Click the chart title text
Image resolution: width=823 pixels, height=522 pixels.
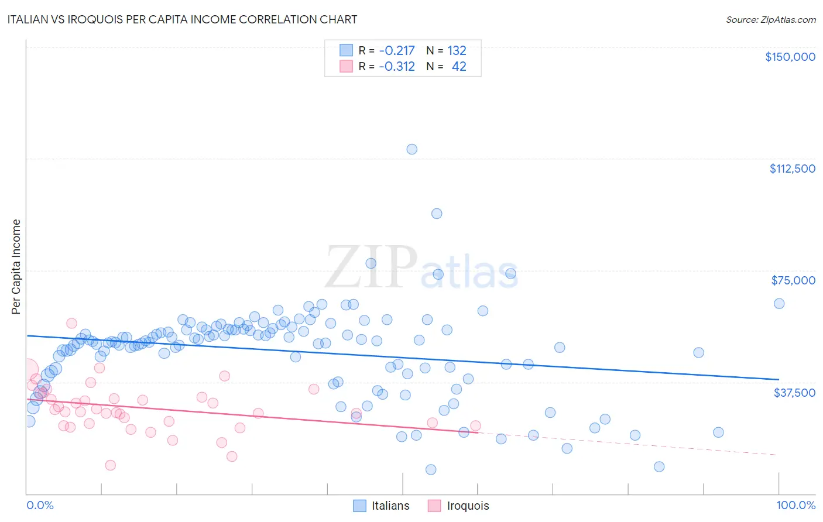pos(182,19)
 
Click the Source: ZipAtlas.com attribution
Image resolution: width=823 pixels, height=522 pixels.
pos(770,19)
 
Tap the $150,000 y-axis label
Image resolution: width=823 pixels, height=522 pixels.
pos(790,57)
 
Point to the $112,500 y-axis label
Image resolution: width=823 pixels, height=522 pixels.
pos(792,169)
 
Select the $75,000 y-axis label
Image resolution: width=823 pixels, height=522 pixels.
pos(793,280)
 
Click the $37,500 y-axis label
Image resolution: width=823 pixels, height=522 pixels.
pos(794,393)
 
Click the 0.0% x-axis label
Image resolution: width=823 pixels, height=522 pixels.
pos(40,505)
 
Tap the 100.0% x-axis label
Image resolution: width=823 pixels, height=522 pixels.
pos(795,505)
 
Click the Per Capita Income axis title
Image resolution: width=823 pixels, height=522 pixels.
pos(16,267)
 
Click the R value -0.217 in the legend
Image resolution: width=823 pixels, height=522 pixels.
pos(397,50)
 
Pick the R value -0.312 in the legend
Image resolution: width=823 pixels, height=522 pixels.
pos(397,66)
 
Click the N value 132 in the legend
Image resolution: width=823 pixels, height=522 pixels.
pos(457,50)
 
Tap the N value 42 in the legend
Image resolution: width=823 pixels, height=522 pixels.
pos(459,66)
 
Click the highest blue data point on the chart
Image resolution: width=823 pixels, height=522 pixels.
pos(412,149)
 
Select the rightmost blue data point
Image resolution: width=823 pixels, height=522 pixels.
pos(779,303)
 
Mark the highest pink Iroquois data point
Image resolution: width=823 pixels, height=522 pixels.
pos(72,323)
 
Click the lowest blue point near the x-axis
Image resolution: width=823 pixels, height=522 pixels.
pos(431,469)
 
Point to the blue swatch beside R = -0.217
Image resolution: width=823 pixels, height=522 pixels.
pos(347,50)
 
